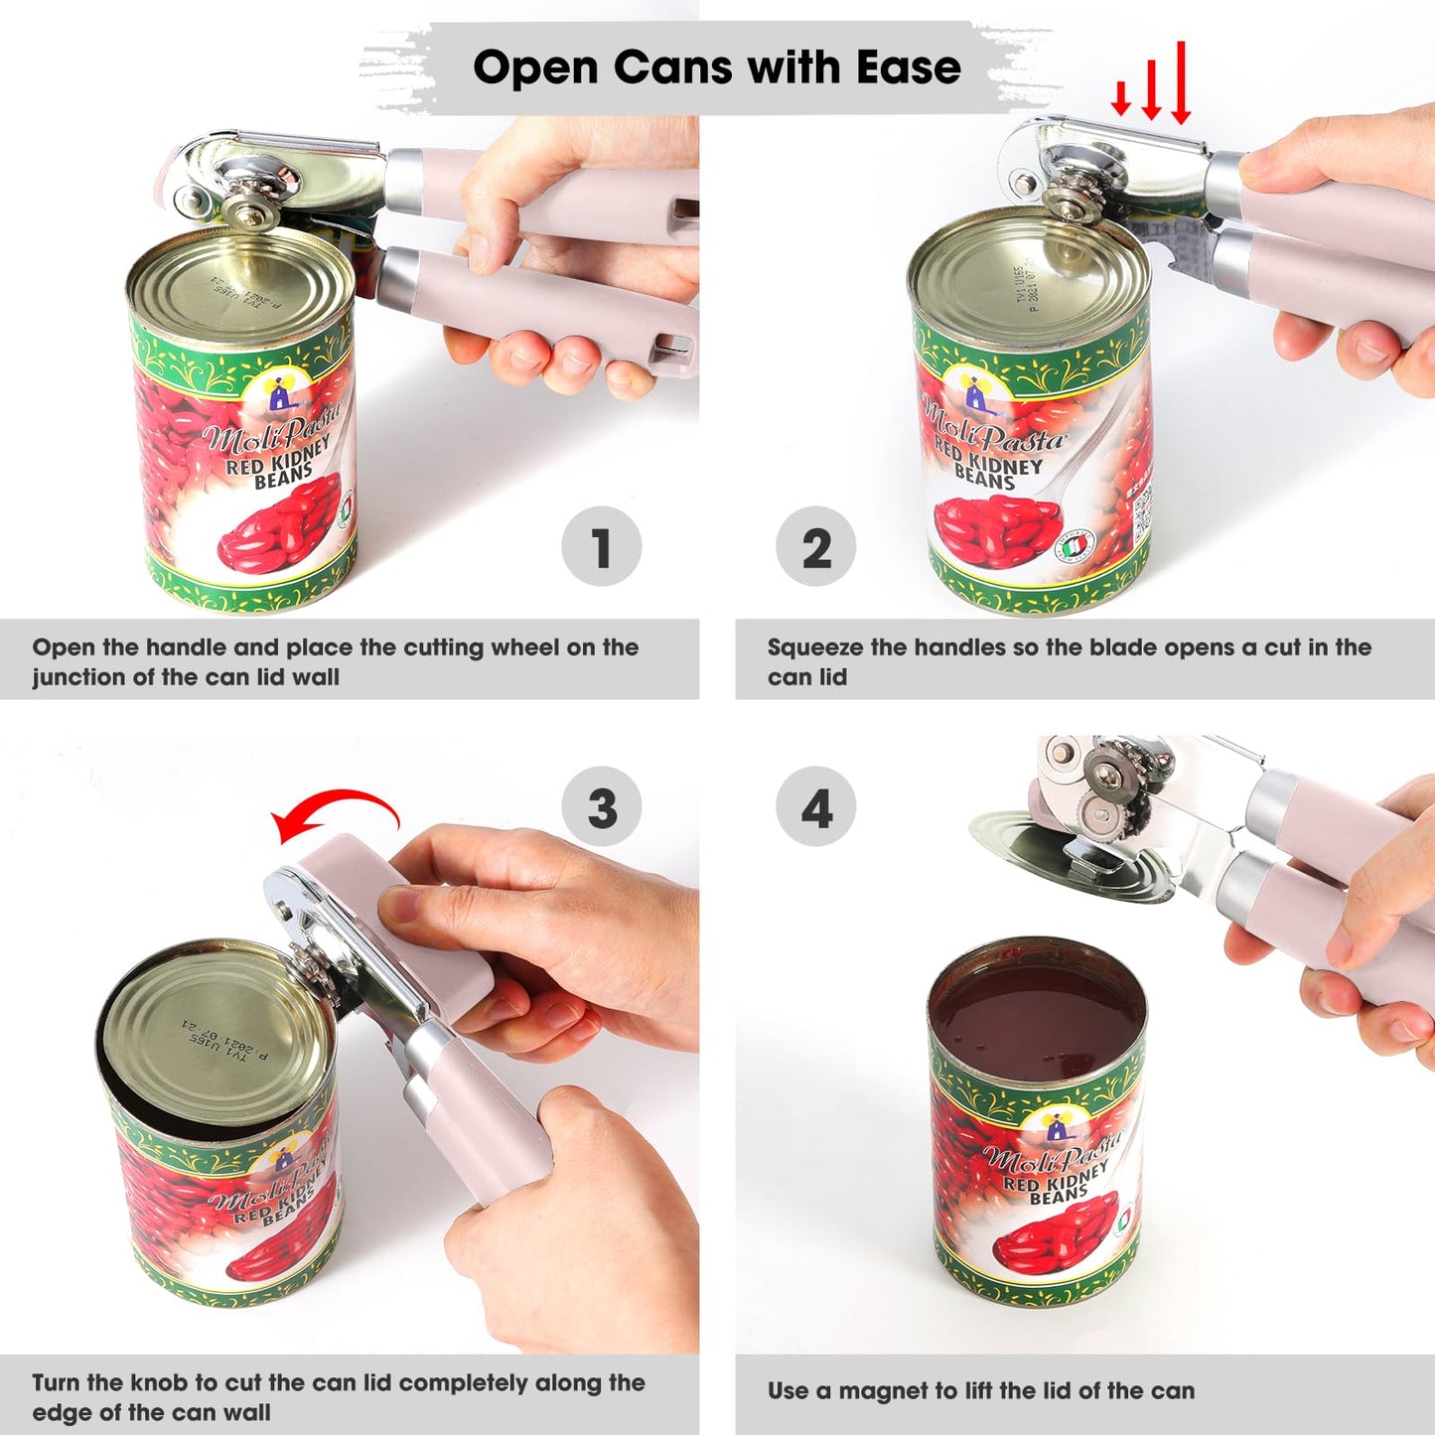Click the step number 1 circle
[x=601, y=546]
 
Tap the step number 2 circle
[x=815, y=546]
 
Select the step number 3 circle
[x=601, y=806]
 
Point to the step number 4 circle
[x=815, y=806]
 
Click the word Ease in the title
[x=908, y=68]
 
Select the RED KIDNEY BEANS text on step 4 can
[x=1055, y=1185]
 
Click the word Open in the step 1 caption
[x=64, y=647]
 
